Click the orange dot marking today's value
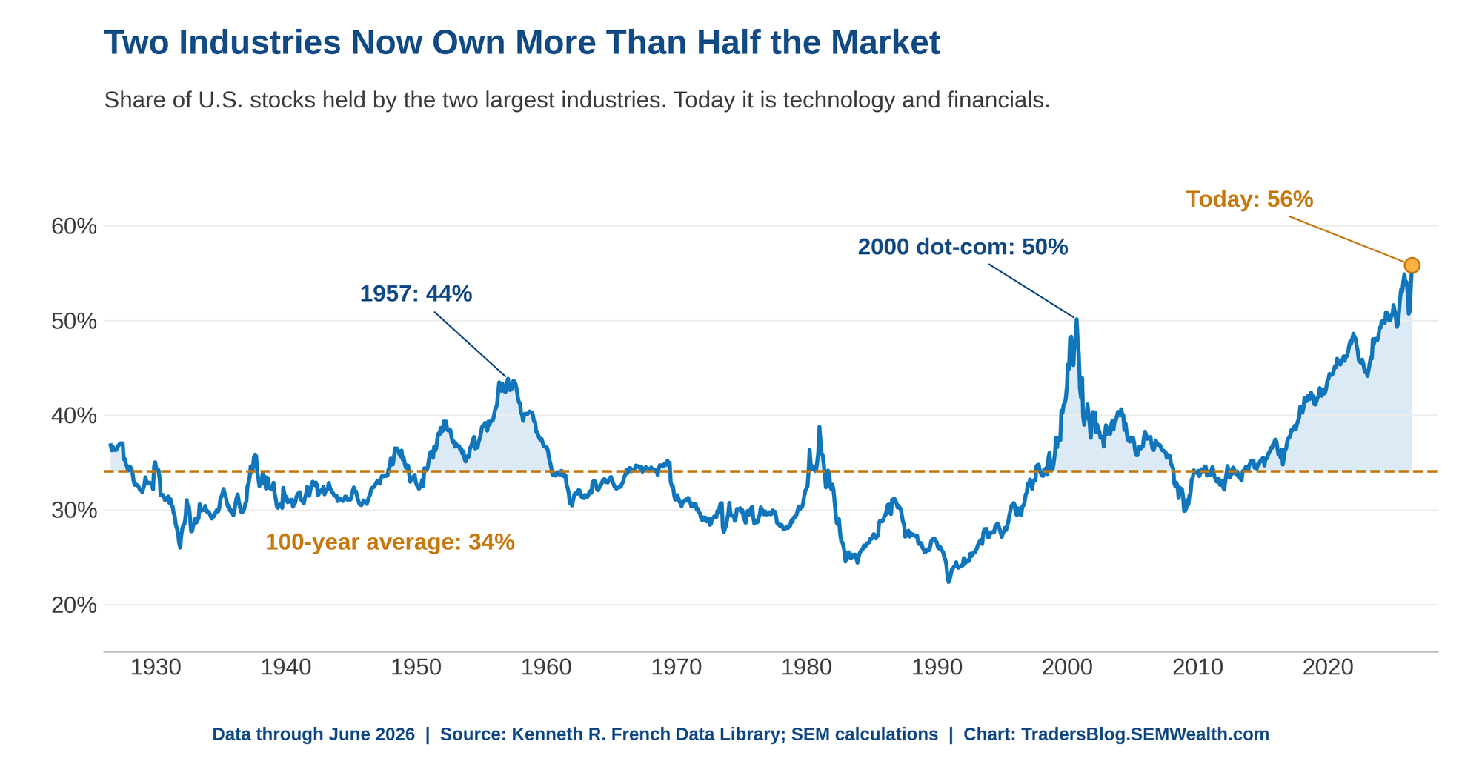click(x=1412, y=265)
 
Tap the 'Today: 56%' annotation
click(x=1249, y=199)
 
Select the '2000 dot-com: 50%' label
click(x=963, y=247)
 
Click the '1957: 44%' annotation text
click(x=416, y=293)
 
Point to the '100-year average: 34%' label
click(x=390, y=542)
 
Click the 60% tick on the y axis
click(x=74, y=226)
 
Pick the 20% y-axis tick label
click(x=74, y=605)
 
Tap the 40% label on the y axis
click(x=74, y=416)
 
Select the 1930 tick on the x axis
click(x=156, y=667)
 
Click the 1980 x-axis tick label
click(x=807, y=667)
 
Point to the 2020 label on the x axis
click(x=1328, y=667)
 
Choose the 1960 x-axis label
click(x=546, y=667)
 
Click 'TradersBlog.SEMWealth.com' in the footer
click(x=1145, y=734)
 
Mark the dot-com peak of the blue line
click(x=1076, y=319)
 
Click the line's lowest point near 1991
click(x=948, y=582)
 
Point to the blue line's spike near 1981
click(x=819, y=428)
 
